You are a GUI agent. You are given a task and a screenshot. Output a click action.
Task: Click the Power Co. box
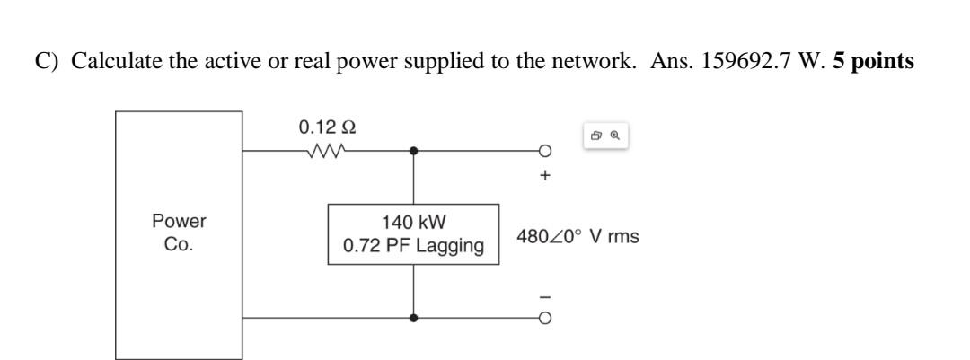(179, 234)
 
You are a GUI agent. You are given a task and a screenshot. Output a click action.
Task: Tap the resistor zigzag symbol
(326, 151)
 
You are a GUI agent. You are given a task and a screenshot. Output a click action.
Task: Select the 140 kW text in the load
(413, 222)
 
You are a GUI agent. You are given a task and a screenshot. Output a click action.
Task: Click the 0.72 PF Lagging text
(413, 245)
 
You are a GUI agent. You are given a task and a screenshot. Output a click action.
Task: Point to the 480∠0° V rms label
(578, 238)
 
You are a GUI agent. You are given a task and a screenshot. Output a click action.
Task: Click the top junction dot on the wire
(413, 151)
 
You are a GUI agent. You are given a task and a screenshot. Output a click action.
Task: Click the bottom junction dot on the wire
(413, 318)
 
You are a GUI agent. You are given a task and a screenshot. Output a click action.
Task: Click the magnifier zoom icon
(615, 136)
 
